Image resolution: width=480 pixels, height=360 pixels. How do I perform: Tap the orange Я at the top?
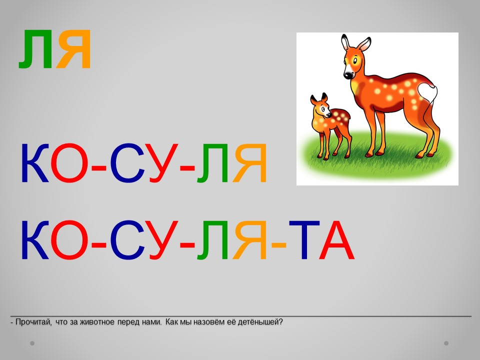[74, 49]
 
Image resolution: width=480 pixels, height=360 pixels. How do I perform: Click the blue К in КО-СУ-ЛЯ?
[35, 163]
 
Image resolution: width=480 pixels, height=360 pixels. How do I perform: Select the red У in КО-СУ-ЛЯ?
[163, 163]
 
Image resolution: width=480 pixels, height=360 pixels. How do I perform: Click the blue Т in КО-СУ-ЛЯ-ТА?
[304, 240]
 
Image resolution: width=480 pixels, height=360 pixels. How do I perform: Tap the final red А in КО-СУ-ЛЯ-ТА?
[336, 240]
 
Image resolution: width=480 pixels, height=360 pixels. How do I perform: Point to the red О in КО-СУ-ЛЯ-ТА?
[69, 240]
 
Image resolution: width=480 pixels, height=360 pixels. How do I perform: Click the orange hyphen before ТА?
[279, 245]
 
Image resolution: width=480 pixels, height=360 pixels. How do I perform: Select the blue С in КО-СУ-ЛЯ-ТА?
[127, 240]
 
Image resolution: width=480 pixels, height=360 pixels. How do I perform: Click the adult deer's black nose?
[348, 75]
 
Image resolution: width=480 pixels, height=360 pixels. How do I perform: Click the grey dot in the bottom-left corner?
[32, 343]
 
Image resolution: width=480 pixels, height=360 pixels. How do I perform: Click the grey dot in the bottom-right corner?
[446, 343]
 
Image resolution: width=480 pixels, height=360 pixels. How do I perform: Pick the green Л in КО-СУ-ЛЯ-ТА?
[212, 240]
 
